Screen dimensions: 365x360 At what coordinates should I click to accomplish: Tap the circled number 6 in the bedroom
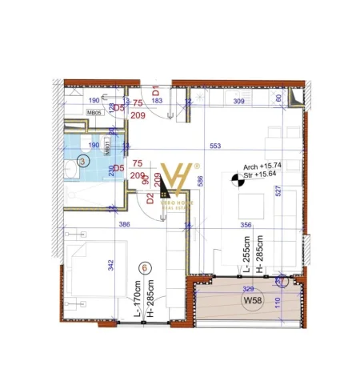[144, 267]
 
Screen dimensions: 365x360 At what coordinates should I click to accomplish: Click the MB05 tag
[94, 114]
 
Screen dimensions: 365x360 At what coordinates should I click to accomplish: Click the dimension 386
[124, 226]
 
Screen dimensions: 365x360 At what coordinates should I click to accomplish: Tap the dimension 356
[246, 226]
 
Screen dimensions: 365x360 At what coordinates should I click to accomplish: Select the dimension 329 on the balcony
[249, 287]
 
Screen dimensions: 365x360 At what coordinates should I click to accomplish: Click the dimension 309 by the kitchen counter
[238, 102]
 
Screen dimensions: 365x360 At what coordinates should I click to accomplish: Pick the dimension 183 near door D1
[157, 101]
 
